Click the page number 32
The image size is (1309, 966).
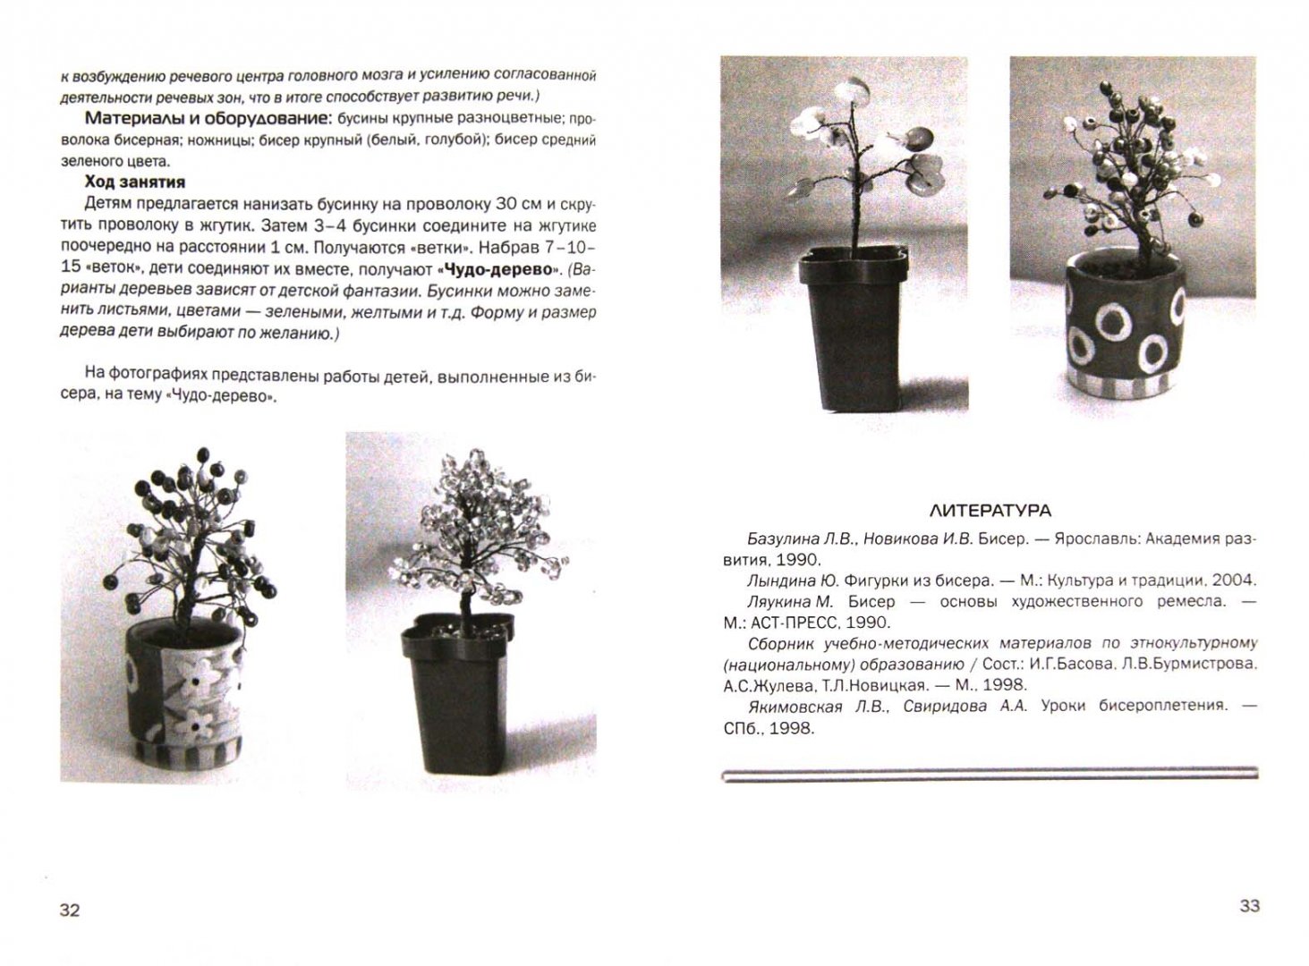tap(70, 910)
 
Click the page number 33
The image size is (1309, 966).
tap(1249, 905)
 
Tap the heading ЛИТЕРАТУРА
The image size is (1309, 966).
tap(990, 511)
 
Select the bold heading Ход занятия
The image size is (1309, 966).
tap(135, 182)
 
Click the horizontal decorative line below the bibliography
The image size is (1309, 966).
tap(989, 774)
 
